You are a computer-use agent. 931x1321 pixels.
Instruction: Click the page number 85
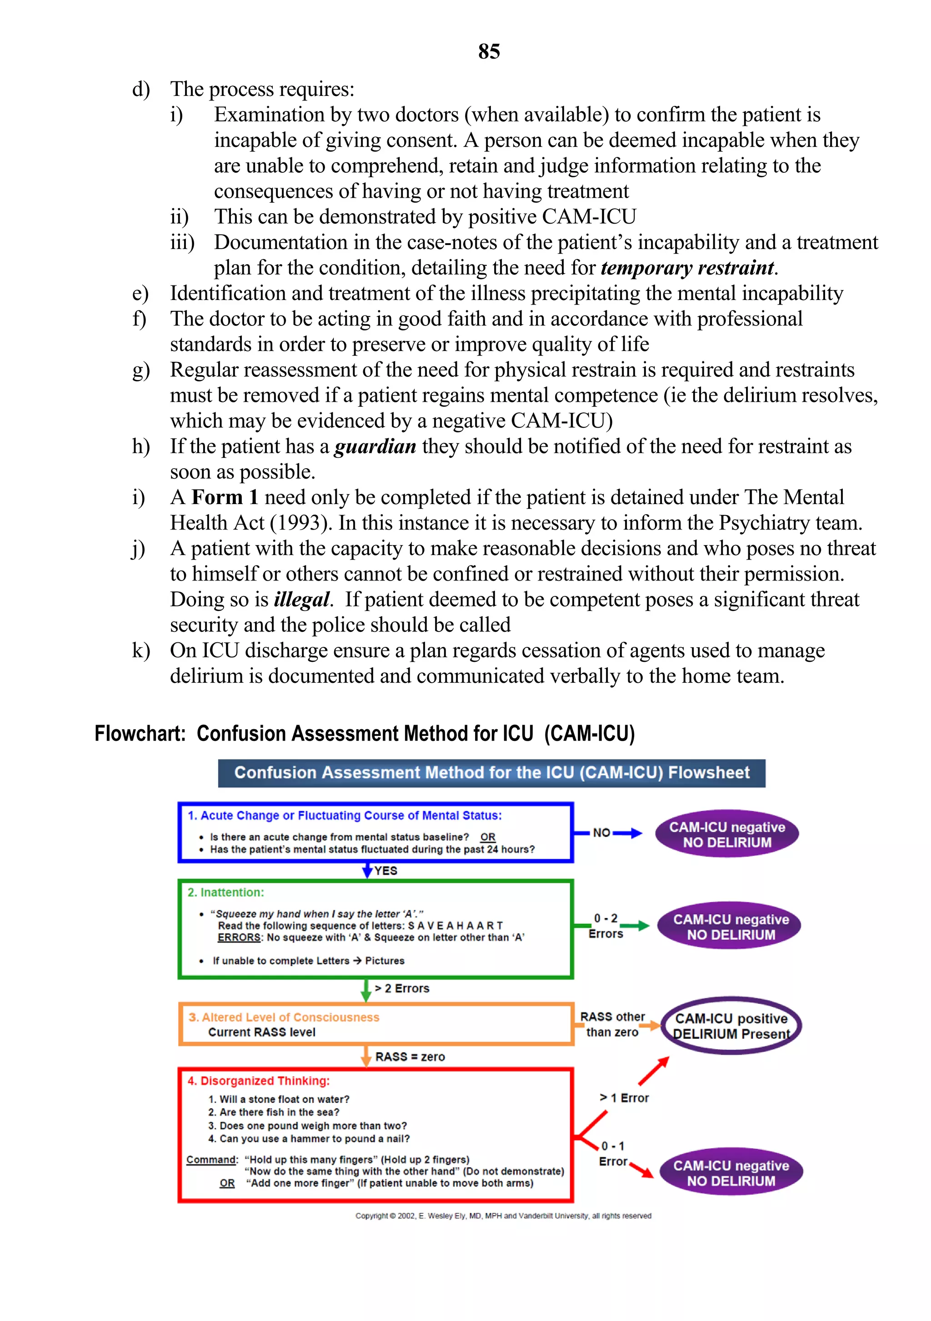pyautogui.click(x=489, y=52)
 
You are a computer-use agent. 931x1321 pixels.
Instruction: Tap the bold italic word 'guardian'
pyautogui.click(x=375, y=446)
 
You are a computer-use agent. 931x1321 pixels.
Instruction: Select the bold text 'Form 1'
pyautogui.click(x=225, y=498)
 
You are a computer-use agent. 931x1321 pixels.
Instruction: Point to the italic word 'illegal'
pyautogui.click(x=301, y=600)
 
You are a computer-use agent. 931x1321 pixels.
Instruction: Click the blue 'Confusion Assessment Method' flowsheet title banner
pyautogui.click(x=491, y=773)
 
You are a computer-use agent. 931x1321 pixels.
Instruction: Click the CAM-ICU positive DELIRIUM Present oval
pyautogui.click(x=731, y=1026)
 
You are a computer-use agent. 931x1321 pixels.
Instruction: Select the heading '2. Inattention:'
pyautogui.click(x=225, y=892)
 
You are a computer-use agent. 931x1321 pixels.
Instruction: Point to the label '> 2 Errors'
pyautogui.click(x=402, y=988)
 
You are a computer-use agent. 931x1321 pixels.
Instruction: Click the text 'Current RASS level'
pyautogui.click(x=262, y=1032)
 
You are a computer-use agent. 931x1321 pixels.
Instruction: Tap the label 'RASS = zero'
pyautogui.click(x=410, y=1057)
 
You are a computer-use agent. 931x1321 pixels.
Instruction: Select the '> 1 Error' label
pyautogui.click(x=624, y=1098)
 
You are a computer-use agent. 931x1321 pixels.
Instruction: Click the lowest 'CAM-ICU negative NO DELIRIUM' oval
pyautogui.click(x=731, y=1173)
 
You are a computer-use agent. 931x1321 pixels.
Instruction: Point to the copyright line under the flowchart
pyautogui.click(x=503, y=1216)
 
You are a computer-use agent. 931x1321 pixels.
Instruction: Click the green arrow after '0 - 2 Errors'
pyautogui.click(x=635, y=925)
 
